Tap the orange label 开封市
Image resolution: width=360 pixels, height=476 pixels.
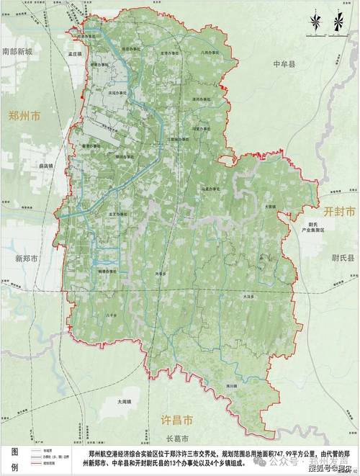tap(339, 212)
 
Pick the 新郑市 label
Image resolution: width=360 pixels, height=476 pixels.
tap(21, 257)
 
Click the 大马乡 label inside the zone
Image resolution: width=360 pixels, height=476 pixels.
tap(248, 295)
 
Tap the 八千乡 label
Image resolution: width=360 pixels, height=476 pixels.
tap(110, 315)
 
